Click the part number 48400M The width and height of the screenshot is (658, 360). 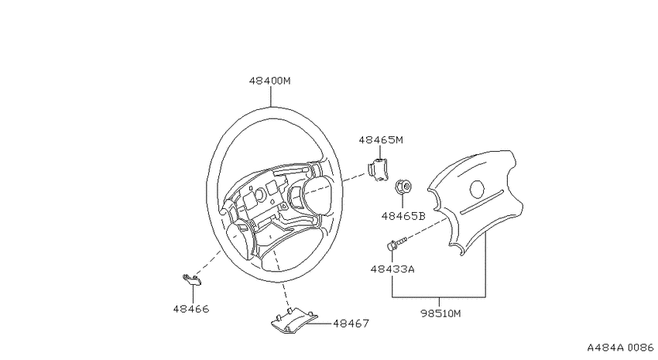[x=269, y=81]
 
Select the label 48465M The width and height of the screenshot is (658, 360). [x=381, y=140]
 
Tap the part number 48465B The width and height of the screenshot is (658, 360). [x=403, y=216]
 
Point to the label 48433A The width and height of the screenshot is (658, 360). [x=392, y=269]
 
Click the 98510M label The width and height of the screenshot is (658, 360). [x=440, y=314]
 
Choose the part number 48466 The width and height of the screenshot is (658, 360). [x=191, y=309]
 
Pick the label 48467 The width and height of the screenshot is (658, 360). [x=351, y=324]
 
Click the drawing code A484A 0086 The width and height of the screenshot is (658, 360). [x=620, y=348]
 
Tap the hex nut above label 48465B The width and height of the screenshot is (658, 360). [x=403, y=187]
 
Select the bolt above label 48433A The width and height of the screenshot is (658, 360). [x=396, y=243]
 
